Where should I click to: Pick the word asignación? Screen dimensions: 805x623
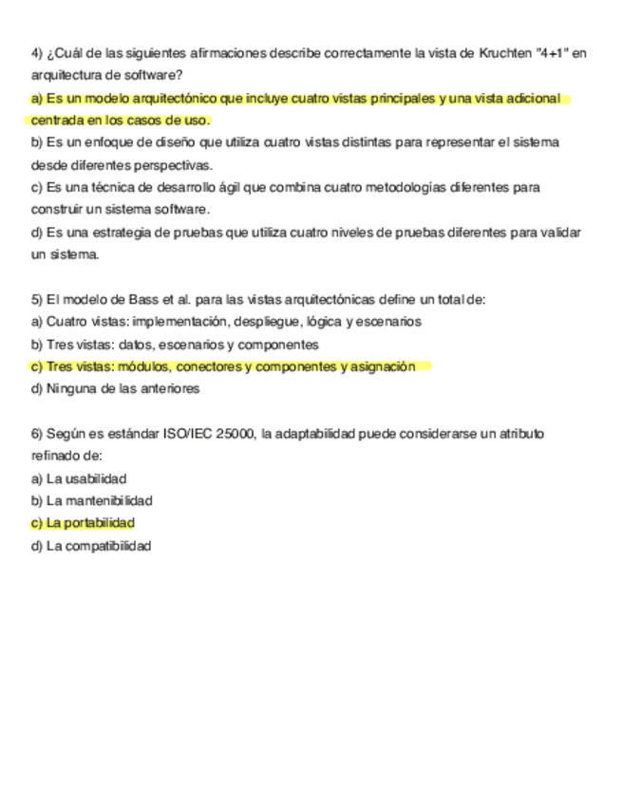pos(385,366)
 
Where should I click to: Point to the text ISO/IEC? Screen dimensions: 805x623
pos(185,434)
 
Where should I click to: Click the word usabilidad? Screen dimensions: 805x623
pos(96,478)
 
